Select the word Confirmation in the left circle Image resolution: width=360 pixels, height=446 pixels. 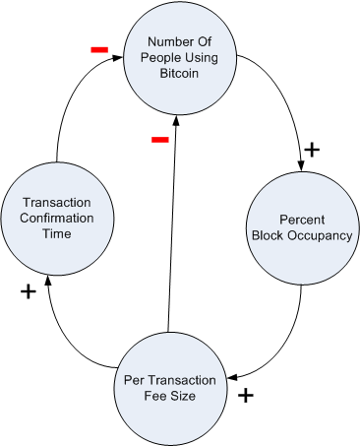[x=57, y=218]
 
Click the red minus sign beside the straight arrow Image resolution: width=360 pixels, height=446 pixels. [x=160, y=140]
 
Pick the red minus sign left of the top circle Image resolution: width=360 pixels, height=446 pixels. [x=98, y=49]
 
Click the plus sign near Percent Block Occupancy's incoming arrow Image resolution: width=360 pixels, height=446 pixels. [x=312, y=150]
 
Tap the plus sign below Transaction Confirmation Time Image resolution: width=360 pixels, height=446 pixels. [x=28, y=291]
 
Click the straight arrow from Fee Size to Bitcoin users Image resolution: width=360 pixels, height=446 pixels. [x=173, y=226]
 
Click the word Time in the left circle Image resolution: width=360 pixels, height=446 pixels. [x=57, y=233]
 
